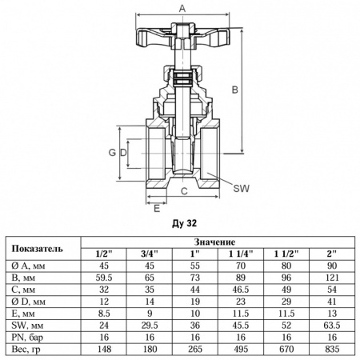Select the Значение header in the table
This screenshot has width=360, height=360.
pyautogui.click(x=214, y=240)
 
